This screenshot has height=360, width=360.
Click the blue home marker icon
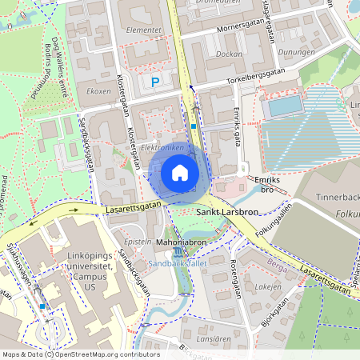pyautogui.click(x=179, y=172)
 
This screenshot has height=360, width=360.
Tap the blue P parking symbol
pyautogui.click(x=156, y=81)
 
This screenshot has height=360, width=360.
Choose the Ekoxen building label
pyautogui.click(x=98, y=91)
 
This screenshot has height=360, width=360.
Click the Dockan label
pyautogui.click(x=229, y=54)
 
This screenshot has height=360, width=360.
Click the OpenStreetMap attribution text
pyautogui.click(x=80, y=354)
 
